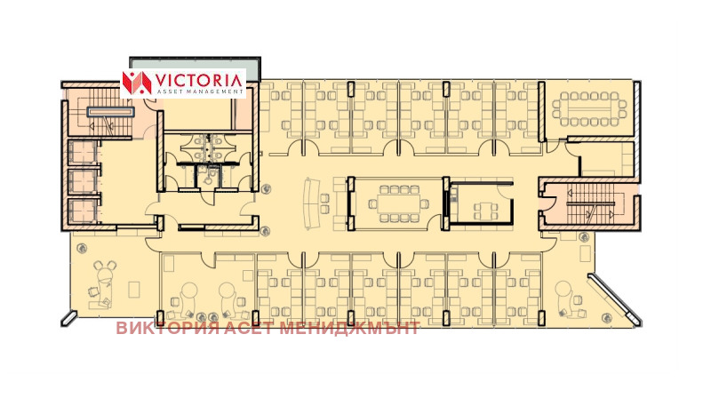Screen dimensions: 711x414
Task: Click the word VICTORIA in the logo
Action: tap(198, 81)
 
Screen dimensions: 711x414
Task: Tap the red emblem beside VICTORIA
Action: tap(137, 83)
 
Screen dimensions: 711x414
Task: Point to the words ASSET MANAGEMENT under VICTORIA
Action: tap(197, 92)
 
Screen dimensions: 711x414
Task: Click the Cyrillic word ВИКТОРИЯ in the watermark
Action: tap(168, 328)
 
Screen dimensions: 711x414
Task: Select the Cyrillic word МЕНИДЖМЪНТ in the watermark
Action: tap(349, 328)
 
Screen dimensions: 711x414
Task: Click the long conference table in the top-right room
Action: tap(588, 108)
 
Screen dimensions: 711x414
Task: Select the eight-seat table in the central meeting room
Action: tap(397, 203)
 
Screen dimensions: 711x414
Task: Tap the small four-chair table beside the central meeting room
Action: tap(485, 211)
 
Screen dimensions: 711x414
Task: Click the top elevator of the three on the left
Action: tap(82, 152)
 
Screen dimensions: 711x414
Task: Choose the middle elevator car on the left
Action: tap(82, 181)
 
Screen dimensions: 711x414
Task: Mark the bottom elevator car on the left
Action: tap(82, 211)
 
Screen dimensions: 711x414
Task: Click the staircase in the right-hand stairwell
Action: tap(591, 204)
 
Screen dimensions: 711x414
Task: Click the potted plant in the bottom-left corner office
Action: tap(82, 248)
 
